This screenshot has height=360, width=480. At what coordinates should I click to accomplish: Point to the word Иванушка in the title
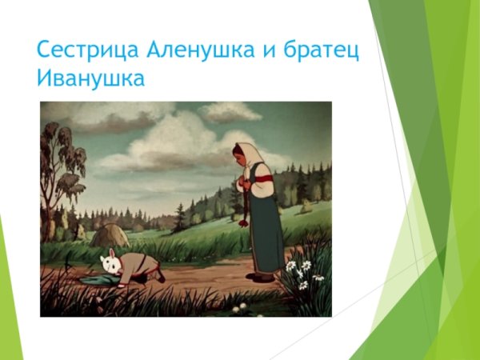pyautogui.click(x=89, y=79)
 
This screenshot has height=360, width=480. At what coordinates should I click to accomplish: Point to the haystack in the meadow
pyautogui.click(x=109, y=236)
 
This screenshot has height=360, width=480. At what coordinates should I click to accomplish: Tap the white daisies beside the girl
pyautogui.click(x=302, y=269)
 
